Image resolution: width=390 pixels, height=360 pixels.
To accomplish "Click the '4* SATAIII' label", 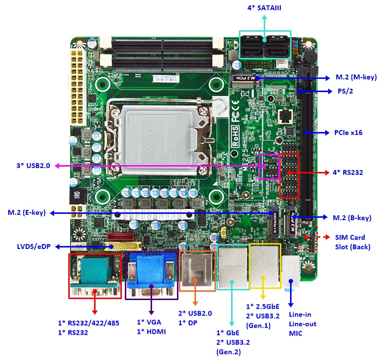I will [x=264, y=8].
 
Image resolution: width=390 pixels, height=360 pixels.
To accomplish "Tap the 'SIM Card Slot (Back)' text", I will [x=352, y=242].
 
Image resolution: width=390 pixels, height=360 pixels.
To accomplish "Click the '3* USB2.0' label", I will [x=33, y=166].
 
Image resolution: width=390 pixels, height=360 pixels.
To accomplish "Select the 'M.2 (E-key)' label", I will [x=26, y=212].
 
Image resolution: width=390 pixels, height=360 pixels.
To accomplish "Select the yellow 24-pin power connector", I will [x=77, y=85].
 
